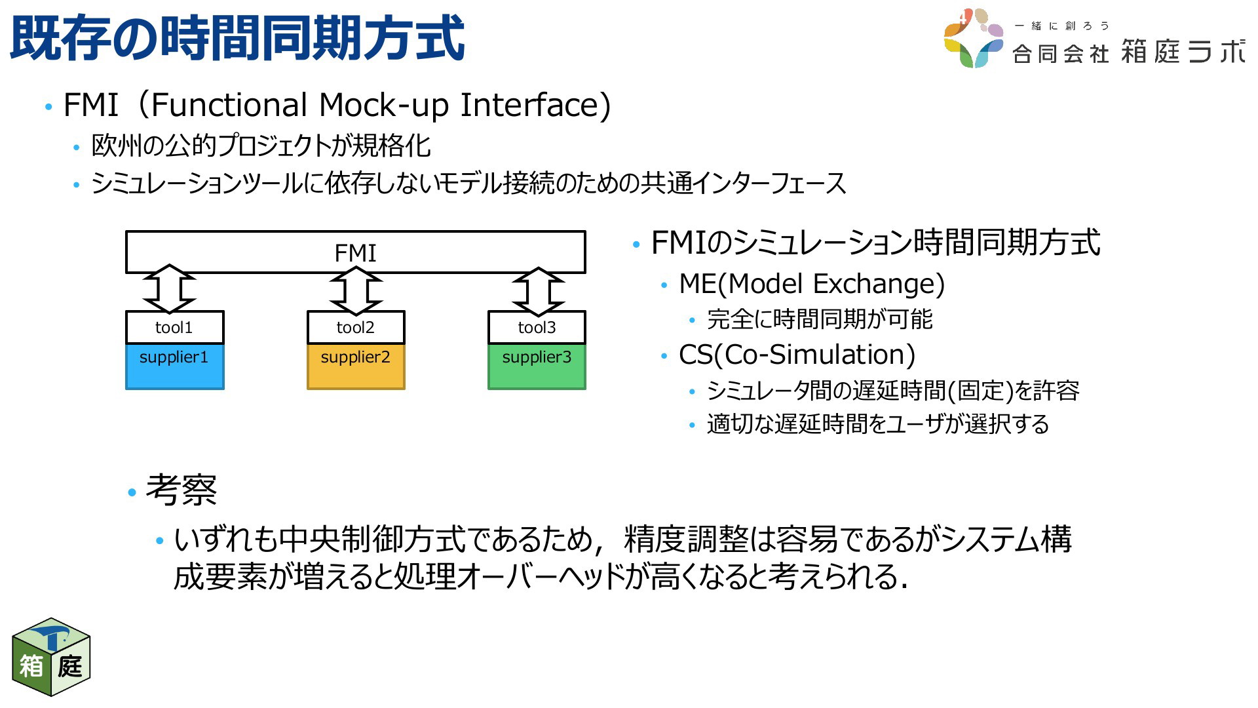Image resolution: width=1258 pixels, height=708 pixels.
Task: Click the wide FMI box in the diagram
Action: click(355, 252)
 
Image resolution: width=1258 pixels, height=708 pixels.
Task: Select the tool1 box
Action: click(174, 327)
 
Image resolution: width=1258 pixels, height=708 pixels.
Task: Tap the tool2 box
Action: click(356, 327)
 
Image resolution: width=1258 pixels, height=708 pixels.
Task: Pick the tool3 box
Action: click(537, 327)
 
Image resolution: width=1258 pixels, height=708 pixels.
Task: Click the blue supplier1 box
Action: click(174, 366)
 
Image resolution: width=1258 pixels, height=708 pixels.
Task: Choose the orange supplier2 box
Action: click(356, 366)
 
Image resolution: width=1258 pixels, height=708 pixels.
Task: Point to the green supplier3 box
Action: click(537, 366)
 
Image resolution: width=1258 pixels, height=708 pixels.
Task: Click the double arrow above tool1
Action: click(169, 289)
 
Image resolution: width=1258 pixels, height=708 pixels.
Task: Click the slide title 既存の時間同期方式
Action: click(237, 38)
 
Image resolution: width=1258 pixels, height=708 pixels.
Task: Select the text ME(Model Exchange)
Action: click(812, 284)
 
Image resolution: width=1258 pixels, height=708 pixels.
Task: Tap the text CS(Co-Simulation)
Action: click(797, 355)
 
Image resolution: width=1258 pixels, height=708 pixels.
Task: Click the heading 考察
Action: click(181, 490)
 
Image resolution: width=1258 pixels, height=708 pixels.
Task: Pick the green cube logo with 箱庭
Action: click(51, 657)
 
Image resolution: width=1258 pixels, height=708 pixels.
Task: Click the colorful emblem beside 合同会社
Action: click(974, 38)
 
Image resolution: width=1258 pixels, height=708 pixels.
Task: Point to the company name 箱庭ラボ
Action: click(1183, 51)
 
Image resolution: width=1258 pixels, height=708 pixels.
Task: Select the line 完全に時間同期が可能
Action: click(820, 319)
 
